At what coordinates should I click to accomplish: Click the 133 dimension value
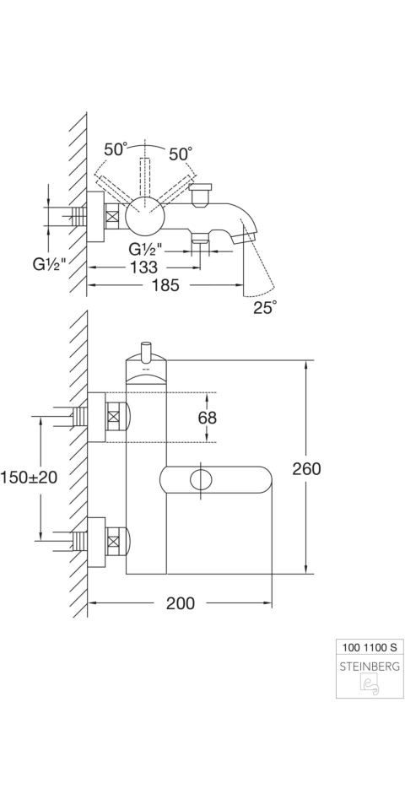(x=144, y=267)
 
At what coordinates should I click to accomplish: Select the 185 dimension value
(x=165, y=284)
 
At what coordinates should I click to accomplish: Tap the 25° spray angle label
(x=265, y=307)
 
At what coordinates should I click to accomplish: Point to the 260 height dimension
(x=306, y=468)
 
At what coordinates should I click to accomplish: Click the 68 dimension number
(x=208, y=418)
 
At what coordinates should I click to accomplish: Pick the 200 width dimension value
(x=181, y=602)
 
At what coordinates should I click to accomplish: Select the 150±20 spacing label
(x=29, y=478)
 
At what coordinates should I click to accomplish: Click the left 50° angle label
(x=115, y=150)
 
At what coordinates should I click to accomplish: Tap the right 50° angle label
(x=181, y=154)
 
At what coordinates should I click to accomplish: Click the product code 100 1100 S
(x=370, y=646)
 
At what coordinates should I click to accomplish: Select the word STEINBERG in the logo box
(x=370, y=667)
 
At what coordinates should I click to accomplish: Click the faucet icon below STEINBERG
(x=370, y=685)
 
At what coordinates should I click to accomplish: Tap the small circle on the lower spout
(x=202, y=480)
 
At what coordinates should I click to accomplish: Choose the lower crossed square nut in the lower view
(x=114, y=542)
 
